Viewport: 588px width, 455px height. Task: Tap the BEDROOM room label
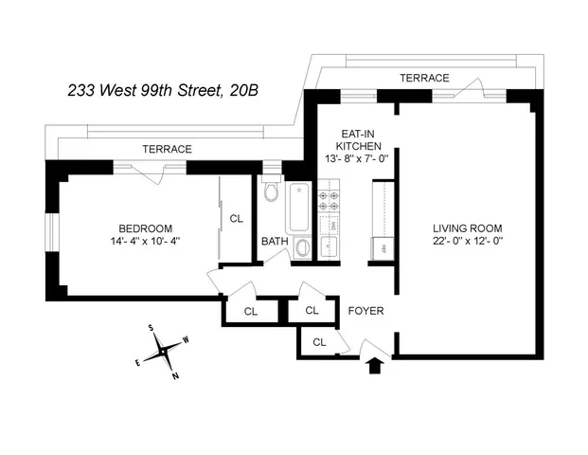click(x=145, y=227)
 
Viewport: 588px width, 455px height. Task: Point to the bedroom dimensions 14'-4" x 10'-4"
click(x=145, y=241)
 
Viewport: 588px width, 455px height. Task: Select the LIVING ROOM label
click(x=467, y=227)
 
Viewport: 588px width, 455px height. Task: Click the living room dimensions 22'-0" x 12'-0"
click(x=467, y=241)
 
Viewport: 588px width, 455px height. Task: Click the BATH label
click(x=275, y=242)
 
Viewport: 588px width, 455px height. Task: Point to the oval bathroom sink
click(x=300, y=248)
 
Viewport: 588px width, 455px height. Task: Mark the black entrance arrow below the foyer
click(x=376, y=364)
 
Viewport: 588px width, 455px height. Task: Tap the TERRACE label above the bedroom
click(x=167, y=149)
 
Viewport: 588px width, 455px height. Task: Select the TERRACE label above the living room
click(x=423, y=78)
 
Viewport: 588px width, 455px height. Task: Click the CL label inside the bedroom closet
click(x=236, y=218)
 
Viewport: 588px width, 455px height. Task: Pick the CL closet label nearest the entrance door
click(x=319, y=342)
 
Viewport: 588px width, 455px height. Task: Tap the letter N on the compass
click(x=176, y=376)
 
